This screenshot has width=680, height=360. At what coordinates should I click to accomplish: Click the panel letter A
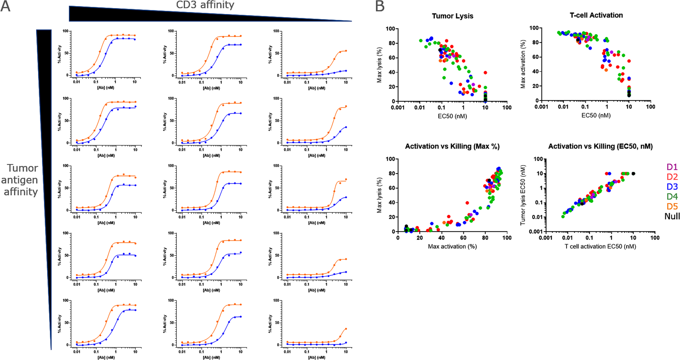pyautogui.click(x=6, y=6)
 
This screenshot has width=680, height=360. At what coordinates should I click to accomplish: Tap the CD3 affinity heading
pyautogui.click(x=205, y=5)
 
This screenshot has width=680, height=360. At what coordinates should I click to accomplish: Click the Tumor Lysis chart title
pyautogui.click(x=452, y=16)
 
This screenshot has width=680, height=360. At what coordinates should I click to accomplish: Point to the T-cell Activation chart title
pyautogui.click(x=596, y=15)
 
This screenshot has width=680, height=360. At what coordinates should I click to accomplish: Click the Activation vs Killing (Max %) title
pyautogui.click(x=452, y=146)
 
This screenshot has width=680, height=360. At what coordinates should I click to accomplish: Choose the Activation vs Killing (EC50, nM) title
pyautogui.click(x=600, y=146)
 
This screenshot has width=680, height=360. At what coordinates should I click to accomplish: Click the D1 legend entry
pyautogui.click(x=672, y=167)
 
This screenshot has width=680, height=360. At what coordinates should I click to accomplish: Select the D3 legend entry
pyautogui.click(x=672, y=187)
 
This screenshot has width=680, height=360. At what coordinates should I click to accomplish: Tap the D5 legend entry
pyautogui.click(x=672, y=206)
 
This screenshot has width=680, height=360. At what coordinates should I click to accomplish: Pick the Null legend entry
pyautogui.click(x=672, y=216)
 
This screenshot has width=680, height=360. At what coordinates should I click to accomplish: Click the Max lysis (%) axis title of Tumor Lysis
pyautogui.click(x=379, y=65)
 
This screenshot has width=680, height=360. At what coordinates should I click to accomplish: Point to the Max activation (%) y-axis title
pyautogui.click(x=523, y=64)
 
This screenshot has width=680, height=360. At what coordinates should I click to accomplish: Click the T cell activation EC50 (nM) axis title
pyautogui.click(x=600, y=246)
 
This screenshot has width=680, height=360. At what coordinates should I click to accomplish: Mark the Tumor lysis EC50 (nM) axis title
pyautogui.click(x=523, y=195)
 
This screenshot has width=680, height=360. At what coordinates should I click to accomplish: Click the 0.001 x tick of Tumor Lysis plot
pyautogui.click(x=398, y=108)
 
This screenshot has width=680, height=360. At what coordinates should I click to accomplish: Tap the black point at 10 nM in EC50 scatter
pyautogui.click(x=633, y=174)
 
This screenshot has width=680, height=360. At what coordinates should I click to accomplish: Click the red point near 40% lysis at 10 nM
pyautogui.click(x=485, y=73)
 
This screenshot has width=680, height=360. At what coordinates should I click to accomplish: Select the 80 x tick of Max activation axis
pyautogui.click(x=485, y=238)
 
